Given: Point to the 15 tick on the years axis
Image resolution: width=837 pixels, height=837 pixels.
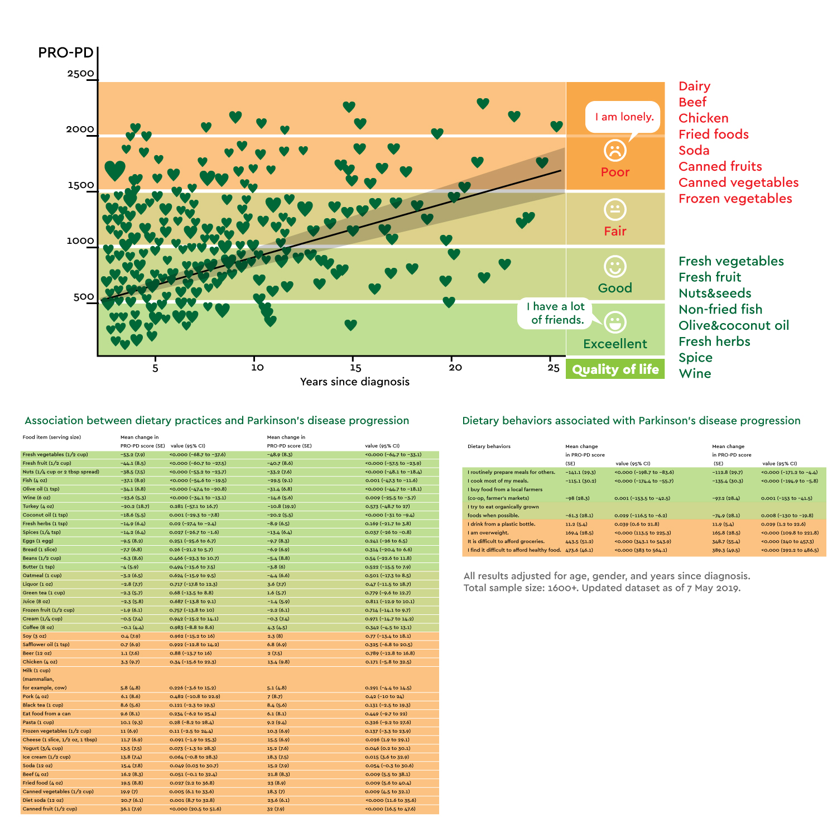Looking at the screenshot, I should click(355, 367).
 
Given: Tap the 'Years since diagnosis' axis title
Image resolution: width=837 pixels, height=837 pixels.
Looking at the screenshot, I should click(355, 382).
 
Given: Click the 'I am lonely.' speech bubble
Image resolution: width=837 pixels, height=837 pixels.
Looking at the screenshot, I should click(624, 117).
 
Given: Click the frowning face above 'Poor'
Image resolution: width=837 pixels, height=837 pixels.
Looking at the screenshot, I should click(615, 150).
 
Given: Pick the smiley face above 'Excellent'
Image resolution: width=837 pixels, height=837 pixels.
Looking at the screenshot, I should click(615, 323).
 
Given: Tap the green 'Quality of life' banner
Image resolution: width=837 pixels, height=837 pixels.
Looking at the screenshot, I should click(615, 369).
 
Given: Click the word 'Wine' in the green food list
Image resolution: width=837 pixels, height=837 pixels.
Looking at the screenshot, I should click(695, 374).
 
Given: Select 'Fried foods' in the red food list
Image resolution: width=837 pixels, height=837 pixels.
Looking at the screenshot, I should click(713, 134).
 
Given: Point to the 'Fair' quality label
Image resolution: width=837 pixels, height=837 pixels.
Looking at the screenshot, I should click(615, 231).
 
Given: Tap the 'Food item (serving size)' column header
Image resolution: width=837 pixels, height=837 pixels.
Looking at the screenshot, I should click(52, 437).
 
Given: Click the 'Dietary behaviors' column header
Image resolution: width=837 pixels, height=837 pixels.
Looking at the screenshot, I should click(489, 446).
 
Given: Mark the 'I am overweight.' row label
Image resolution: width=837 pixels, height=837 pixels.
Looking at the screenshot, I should click(488, 533).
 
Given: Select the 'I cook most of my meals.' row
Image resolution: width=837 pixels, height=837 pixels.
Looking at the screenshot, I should click(498, 480).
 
